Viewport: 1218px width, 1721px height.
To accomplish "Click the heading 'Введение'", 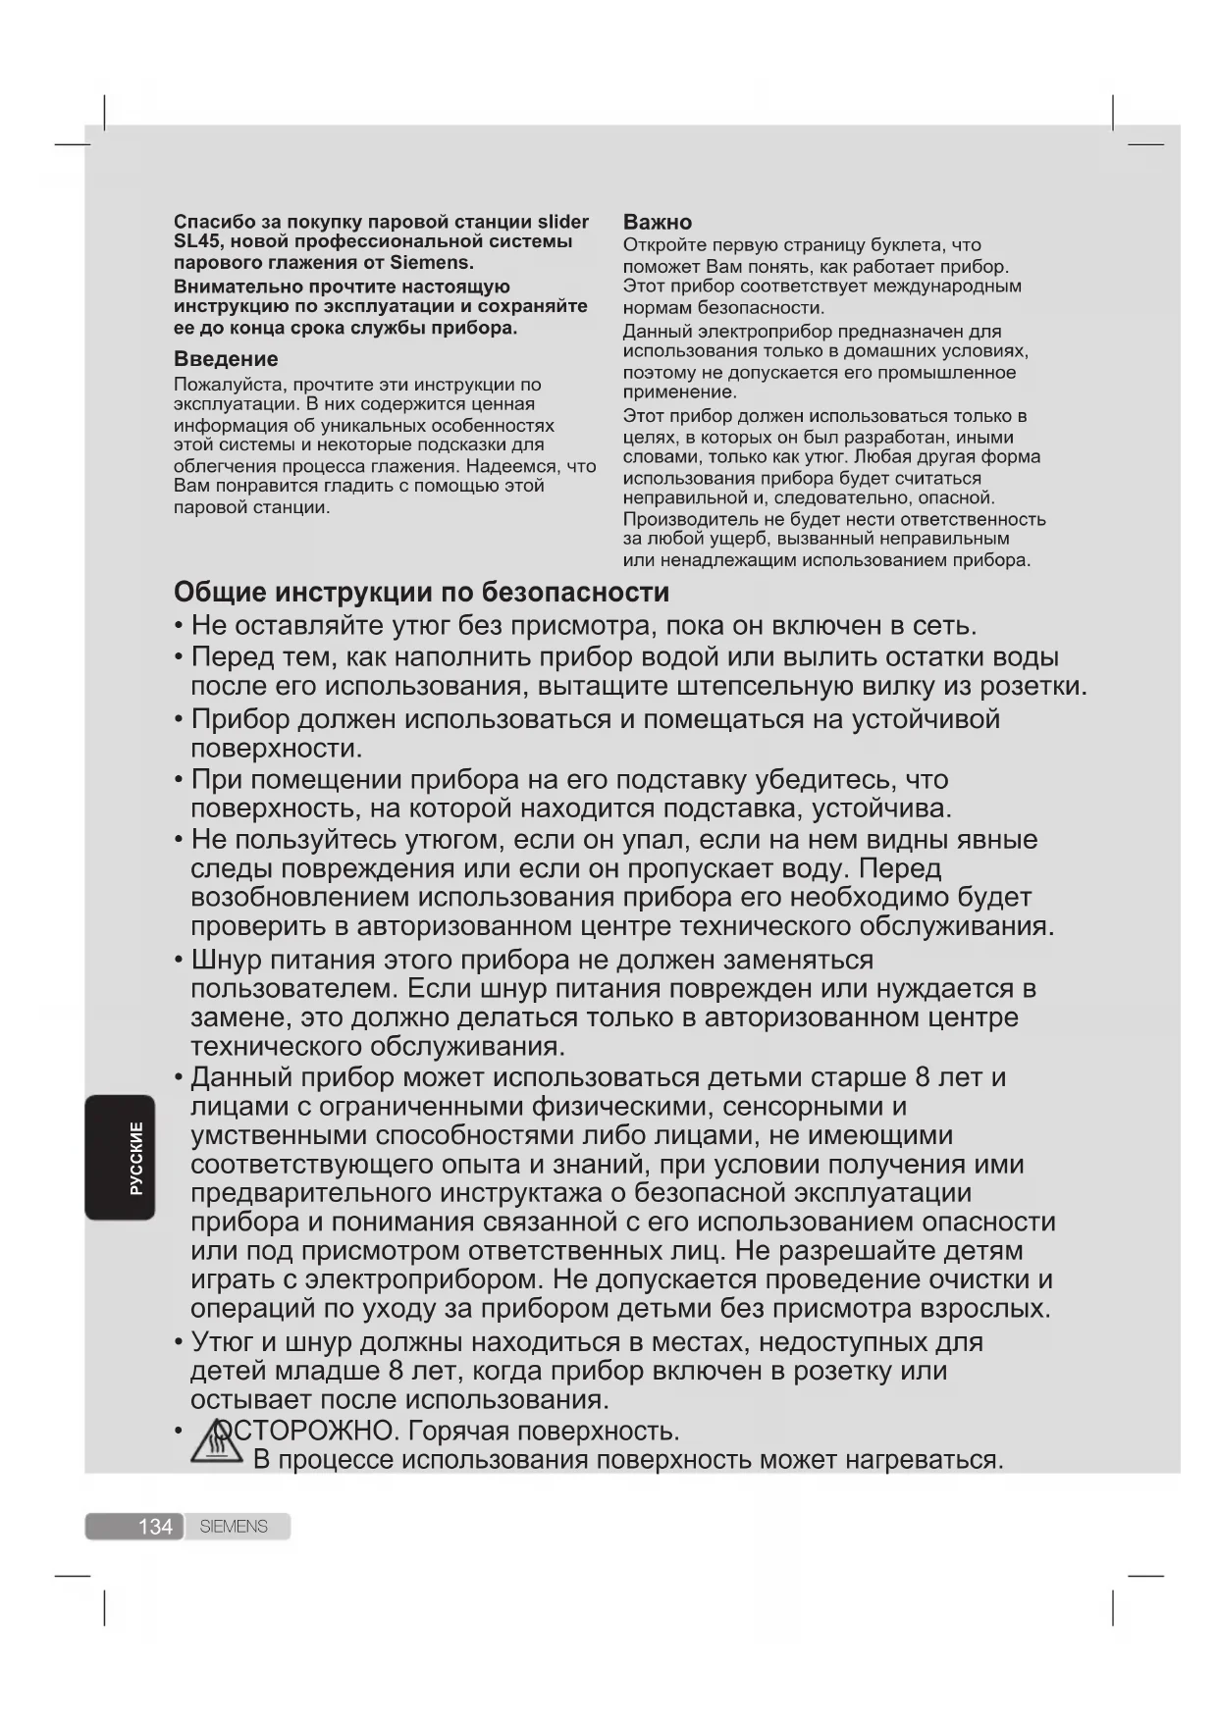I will point(226,359).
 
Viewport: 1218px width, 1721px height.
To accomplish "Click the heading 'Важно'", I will point(657,222).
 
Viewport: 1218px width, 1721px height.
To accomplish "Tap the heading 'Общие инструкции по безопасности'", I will point(421,593).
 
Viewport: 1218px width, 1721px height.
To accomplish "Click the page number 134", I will point(154,1527).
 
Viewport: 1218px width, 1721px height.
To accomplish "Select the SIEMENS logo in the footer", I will point(234,1527).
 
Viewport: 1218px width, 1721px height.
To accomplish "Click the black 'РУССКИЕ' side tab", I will point(120,1158).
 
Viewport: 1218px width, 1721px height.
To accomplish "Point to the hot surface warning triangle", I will point(215,1444).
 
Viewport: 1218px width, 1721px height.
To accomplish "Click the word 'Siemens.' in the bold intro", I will point(432,263).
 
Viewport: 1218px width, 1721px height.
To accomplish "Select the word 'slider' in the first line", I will point(562,222).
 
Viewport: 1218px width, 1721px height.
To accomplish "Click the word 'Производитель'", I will point(690,519).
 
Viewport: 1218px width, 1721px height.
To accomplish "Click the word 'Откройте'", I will point(663,245).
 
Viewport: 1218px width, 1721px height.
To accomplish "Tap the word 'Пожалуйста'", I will point(229,385).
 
